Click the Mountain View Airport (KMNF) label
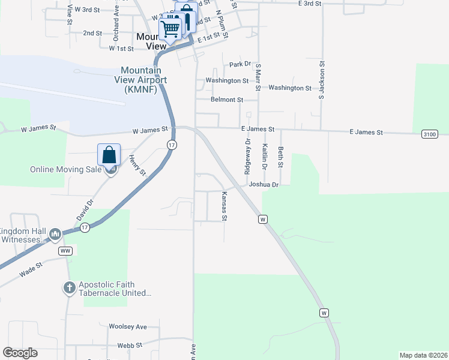pos(143,80)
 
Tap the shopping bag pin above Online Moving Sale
pos(109,155)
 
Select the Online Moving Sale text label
pos(66,170)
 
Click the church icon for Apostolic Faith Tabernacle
pos(70,289)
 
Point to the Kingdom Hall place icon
pos(55,234)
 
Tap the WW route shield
pos(66,250)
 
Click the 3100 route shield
pos(429,133)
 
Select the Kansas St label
pos(224,206)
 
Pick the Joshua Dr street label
pos(264,185)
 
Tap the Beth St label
pos(280,157)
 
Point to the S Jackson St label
pos(322,79)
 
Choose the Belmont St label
pos(227,100)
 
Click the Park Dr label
pos(240,64)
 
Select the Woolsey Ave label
pos(128,327)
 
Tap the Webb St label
pos(130,346)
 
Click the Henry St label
pos(137,165)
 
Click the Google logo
pos(20,353)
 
